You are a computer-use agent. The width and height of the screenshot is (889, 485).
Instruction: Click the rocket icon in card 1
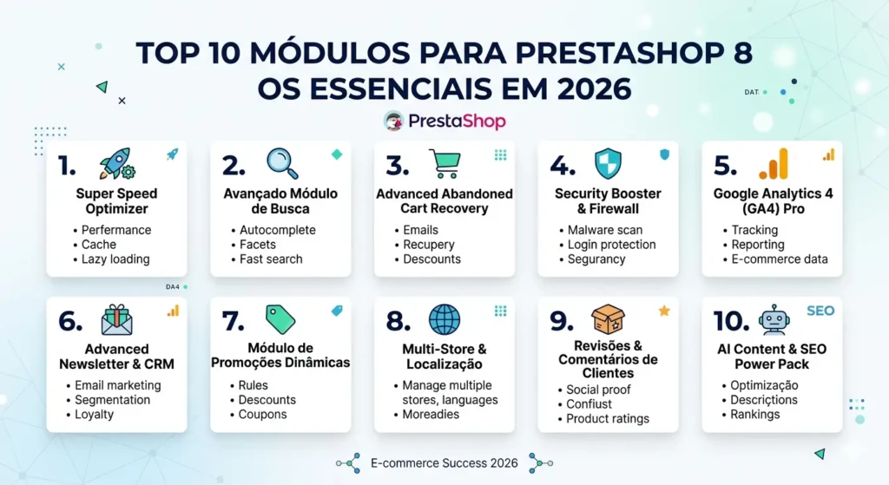click(115, 163)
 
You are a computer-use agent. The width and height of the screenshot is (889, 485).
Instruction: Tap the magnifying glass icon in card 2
click(281, 163)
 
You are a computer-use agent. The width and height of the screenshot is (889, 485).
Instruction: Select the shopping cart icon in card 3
click(444, 163)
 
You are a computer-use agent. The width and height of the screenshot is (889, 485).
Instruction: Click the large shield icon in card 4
click(608, 163)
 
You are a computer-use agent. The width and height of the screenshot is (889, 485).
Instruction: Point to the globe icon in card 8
click(444, 319)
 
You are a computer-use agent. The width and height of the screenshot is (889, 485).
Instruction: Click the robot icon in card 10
click(774, 319)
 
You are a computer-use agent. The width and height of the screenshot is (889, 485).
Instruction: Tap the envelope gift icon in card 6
click(116, 319)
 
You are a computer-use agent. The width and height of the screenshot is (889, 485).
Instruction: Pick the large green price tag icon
click(280, 319)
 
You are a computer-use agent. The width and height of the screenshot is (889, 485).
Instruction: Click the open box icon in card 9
click(608, 319)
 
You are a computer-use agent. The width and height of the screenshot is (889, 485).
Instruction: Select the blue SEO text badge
click(820, 311)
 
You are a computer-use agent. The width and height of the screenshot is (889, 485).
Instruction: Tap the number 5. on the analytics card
click(725, 166)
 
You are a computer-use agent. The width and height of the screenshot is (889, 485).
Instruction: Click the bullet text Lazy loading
click(115, 259)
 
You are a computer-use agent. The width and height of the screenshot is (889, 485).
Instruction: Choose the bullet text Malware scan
click(605, 230)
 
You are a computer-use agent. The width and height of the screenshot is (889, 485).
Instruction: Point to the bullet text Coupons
click(263, 415)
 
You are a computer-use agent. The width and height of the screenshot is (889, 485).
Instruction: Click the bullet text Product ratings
click(608, 419)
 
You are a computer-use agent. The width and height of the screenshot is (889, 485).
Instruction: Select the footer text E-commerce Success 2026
click(444, 463)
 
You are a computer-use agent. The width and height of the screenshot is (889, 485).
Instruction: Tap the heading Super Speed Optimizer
click(116, 201)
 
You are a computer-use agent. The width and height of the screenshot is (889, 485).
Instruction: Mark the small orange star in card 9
click(664, 311)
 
